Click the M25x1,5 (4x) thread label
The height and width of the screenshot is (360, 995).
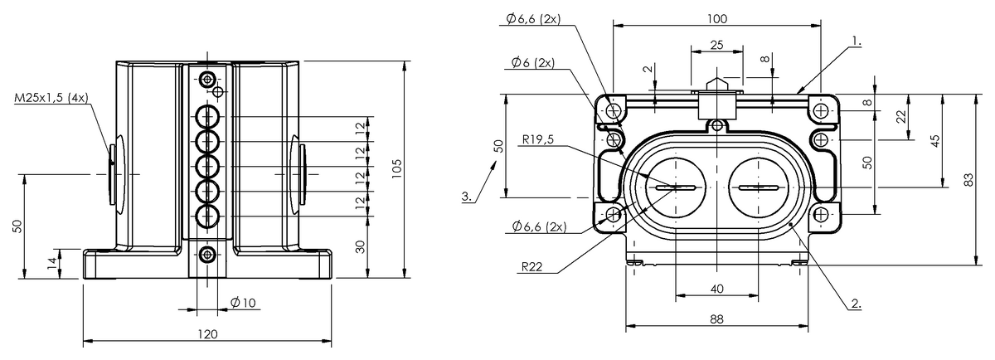click(51, 98)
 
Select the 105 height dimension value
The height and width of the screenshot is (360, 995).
click(396, 169)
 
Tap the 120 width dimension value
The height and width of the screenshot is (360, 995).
click(207, 334)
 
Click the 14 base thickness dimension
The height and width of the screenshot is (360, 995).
click(52, 263)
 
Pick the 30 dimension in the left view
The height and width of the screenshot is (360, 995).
click(362, 246)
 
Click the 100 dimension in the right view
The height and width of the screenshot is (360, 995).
click(717, 19)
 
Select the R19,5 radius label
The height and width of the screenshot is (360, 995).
click(538, 139)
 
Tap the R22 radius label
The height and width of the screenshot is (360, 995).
click(531, 266)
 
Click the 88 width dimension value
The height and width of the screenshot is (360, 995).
click(717, 319)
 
